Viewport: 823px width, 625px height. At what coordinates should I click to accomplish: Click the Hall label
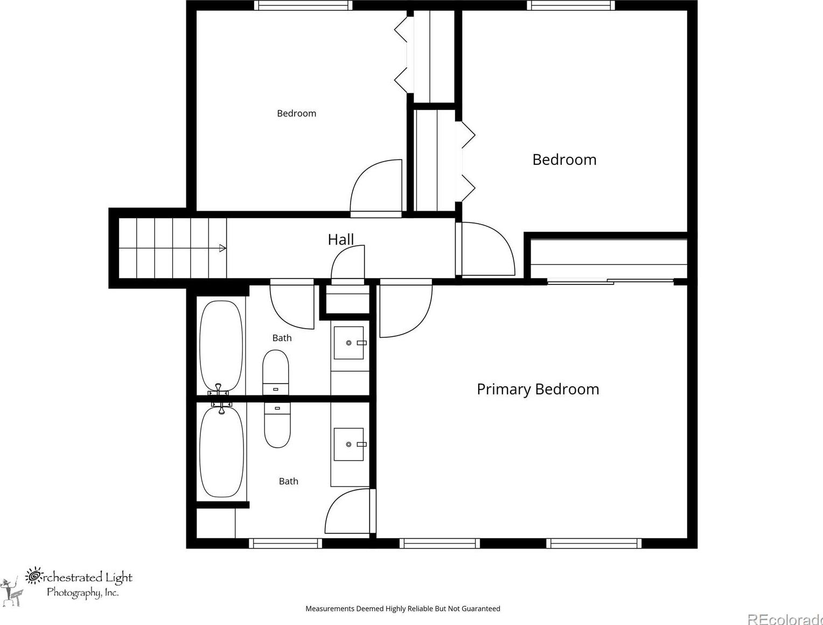(x=340, y=240)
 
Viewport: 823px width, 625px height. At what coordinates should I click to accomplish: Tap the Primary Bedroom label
(x=538, y=390)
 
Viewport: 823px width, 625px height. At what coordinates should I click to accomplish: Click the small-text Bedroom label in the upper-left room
(x=296, y=113)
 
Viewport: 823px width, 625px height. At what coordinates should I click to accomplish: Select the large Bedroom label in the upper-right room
(x=564, y=159)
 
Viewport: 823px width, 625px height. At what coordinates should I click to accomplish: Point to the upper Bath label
(x=282, y=338)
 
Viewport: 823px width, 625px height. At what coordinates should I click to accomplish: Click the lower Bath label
(x=288, y=481)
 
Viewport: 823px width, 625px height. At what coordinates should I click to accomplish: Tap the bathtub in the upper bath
(x=221, y=346)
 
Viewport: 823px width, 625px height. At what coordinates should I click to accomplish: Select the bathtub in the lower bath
(x=221, y=452)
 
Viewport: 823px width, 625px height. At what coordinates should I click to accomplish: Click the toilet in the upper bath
(x=276, y=372)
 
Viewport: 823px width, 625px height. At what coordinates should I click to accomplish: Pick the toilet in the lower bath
(x=277, y=425)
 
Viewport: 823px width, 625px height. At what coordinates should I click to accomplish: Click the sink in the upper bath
(x=348, y=343)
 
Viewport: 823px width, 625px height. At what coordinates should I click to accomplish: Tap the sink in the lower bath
(x=348, y=445)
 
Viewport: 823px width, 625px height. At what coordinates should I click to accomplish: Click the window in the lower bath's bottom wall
(x=285, y=544)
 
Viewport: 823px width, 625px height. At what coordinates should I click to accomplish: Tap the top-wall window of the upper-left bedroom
(x=303, y=5)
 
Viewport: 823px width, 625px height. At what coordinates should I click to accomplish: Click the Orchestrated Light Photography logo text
(x=79, y=585)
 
